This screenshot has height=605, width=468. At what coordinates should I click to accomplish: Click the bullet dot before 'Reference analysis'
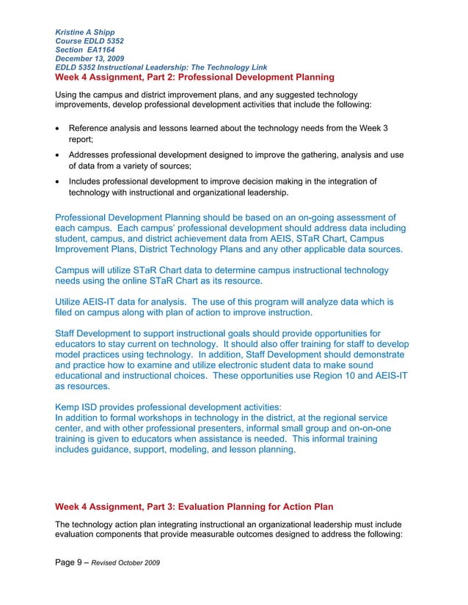click(58, 129)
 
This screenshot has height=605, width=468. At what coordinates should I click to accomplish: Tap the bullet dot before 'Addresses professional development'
click(58, 155)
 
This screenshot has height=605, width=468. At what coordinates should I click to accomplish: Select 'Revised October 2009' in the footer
click(125, 562)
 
